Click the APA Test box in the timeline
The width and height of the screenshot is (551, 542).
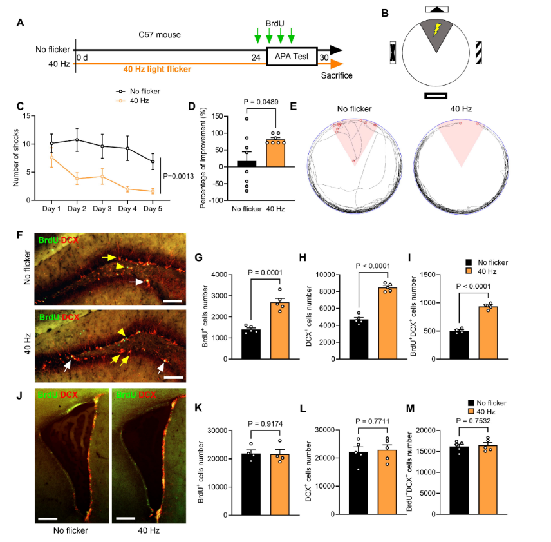292,56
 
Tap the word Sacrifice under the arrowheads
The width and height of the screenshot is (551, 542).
337,75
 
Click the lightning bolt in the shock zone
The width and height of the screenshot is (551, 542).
438,30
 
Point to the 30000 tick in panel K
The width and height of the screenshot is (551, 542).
219,431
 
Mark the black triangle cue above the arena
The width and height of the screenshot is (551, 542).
438,9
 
